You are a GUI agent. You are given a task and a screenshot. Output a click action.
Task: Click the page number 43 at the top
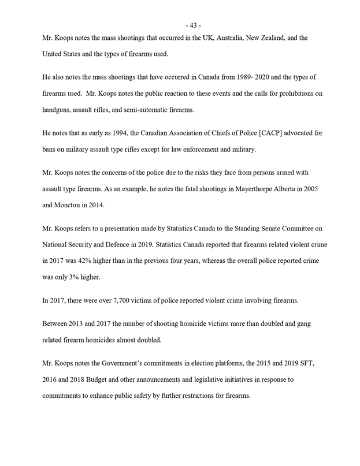point(194,25)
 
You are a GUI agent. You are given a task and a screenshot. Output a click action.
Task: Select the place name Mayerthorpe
point(229,189)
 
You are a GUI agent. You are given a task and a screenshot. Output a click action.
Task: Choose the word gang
point(303,323)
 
